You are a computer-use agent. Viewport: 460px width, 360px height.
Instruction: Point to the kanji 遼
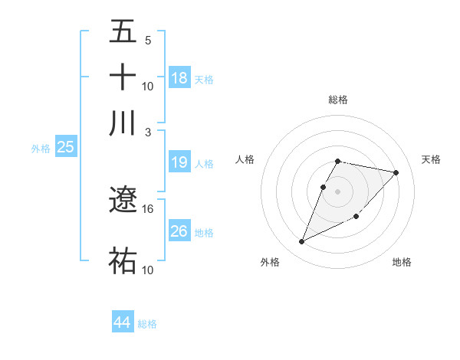click(123, 201)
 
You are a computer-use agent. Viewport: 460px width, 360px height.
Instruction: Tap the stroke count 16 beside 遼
click(148, 208)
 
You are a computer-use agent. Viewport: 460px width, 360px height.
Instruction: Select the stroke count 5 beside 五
click(148, 40)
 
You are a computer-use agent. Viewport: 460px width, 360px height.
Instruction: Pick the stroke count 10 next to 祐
click(148, 270)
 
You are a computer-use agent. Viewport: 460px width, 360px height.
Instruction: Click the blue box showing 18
click(179, 77)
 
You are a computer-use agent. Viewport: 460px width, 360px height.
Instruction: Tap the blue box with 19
click(179, 162)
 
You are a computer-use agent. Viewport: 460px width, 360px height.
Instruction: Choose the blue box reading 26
click(179, 231)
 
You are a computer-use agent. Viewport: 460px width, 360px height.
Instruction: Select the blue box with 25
click(65, 147)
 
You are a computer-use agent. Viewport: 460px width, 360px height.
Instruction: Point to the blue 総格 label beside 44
click(147, 324)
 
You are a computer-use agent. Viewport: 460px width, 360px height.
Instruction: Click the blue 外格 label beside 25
click(41, 149)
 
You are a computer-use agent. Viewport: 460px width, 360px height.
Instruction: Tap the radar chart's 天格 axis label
click(431, 159)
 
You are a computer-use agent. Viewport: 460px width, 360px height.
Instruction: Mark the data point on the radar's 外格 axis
click(301, 242)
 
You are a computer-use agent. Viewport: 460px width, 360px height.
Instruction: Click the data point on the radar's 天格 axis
click(396, 173)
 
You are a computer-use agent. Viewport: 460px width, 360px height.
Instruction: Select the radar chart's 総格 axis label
click(338, 100)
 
